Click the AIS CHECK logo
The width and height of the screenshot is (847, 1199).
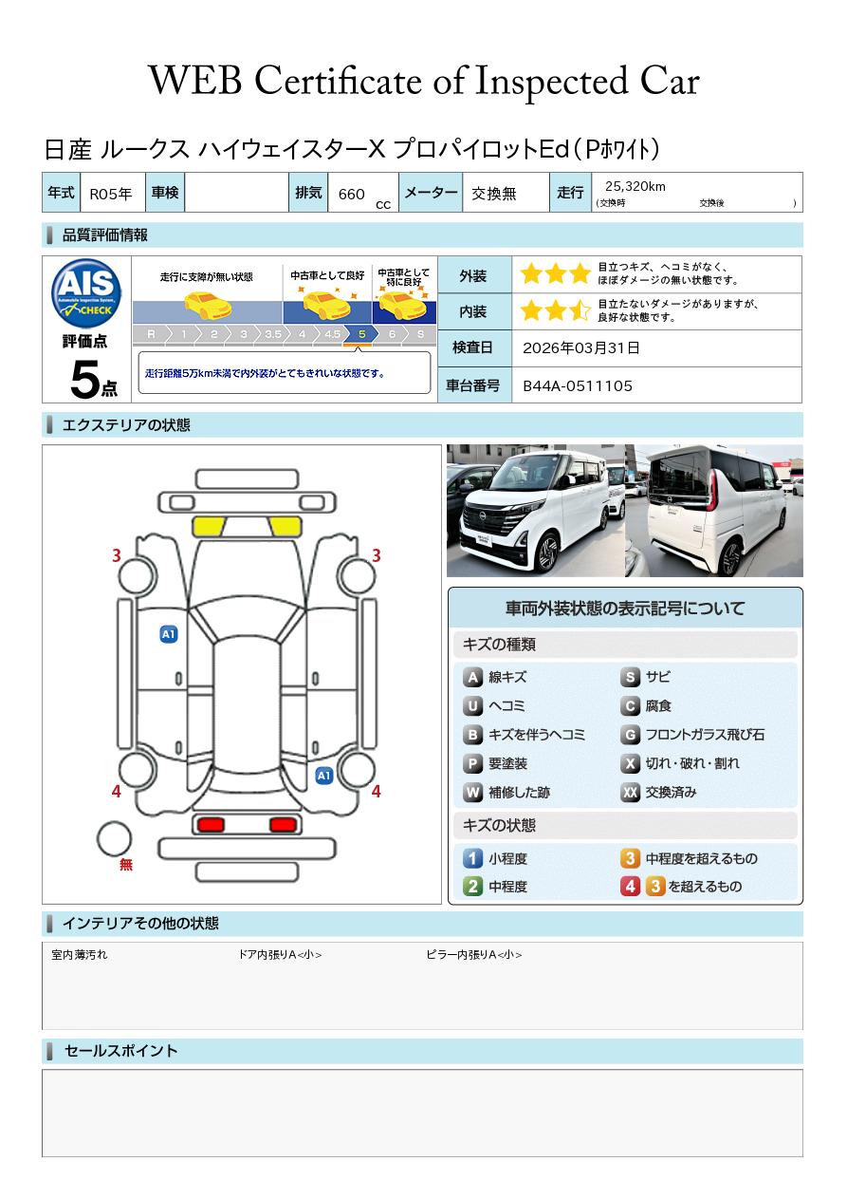pyautogui.click(x=86, y=292)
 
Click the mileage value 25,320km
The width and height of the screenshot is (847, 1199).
pyautogui.click(x=635, y=186)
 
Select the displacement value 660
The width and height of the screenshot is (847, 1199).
pyautogui.click(x=351, y=194)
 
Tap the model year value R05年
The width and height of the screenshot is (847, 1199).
pyautogui.click(x=111, y=194)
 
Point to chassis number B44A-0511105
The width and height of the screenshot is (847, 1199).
pyautogui.click(x=578, y=386)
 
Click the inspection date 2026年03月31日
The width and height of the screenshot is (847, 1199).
pyautogui.click(x=581, y=347)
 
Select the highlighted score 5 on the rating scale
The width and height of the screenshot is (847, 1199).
pyautogui.click(x=362, y=334)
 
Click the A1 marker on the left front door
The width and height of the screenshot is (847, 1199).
pyautogui.click(x=169, y=634)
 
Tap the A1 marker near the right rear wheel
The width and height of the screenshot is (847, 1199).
pyautogui.click(x=324, y=776)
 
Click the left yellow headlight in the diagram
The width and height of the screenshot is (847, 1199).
pyautogui.click(x=209, y=526)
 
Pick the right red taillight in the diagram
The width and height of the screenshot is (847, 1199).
pyautogui.click(x=283, y=824)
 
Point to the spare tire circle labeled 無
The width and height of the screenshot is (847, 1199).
pyautogui.click(x=114, y=839)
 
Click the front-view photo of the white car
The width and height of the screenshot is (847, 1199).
pyautogui.click(x=536, y=511)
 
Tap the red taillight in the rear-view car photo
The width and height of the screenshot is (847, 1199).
pyautogui.click(x=711, y=490)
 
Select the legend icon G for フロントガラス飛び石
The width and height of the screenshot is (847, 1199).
pyautogui.click(x=631, y=735)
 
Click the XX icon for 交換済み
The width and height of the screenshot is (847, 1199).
pyautogui.click(x=631, y=792)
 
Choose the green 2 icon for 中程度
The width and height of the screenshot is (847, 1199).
pyautogui.click(x=472, y=887)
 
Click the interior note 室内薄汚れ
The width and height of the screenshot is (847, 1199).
pyautogui.click(x=80, y=955)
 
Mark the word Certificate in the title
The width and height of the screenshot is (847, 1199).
pyautogui.click(x=338, y=82)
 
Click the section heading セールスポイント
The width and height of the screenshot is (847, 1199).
pyautogui.click(x=120, y=1051)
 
